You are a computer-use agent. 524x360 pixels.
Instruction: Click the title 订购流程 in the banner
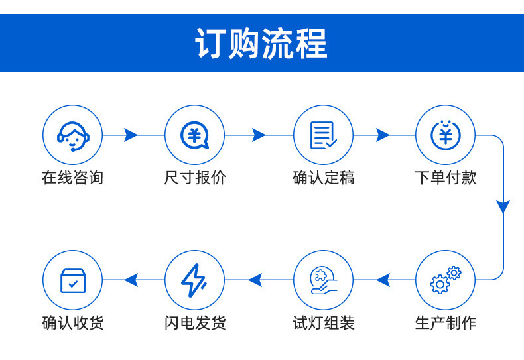[261, 44]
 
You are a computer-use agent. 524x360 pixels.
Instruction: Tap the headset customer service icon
[72, 135]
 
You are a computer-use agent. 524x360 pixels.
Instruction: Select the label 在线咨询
[72, 178]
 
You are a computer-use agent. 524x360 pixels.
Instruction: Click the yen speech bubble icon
[194, 135]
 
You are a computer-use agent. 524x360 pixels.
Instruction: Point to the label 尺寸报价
[194, 178]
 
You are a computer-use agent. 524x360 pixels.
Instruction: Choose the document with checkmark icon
[323, 135]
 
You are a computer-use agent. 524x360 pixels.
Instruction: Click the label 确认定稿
[323, 178]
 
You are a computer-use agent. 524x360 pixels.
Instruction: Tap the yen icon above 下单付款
[445, 135]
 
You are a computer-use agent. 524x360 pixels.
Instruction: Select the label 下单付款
[445, 178]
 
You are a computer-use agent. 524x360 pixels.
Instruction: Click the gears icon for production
[445, 280]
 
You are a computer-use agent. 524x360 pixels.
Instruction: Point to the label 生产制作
[445, 323]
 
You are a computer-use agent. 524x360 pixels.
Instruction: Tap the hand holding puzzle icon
[323, 280]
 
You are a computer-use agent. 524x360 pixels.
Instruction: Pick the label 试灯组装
[323, 323]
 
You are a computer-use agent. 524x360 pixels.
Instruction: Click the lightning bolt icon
[194, 280]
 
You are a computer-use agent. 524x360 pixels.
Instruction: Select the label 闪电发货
[194, 323]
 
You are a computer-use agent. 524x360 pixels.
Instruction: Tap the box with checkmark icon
[72, 280]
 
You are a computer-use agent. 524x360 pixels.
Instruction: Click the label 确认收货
[72, 323]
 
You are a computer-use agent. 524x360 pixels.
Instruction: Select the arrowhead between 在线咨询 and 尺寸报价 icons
[131, 135]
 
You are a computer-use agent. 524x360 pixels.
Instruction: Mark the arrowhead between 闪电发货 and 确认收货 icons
[131, 280]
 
